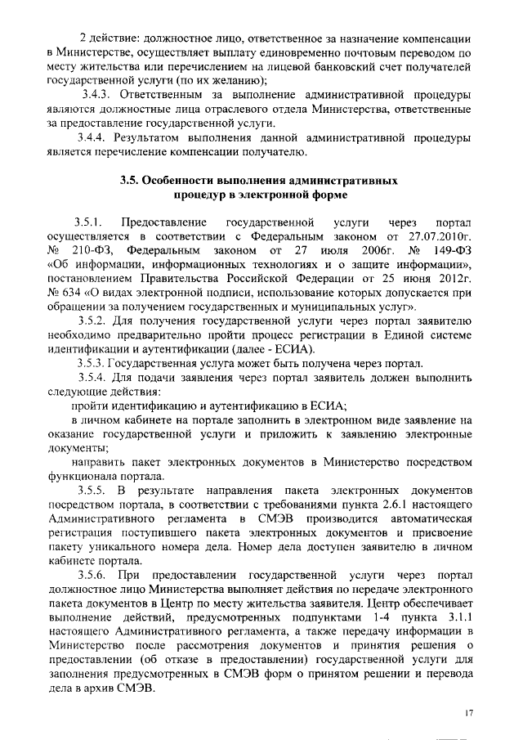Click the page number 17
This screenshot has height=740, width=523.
coord(468,713)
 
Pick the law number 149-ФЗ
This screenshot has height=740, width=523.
coord(449,250)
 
